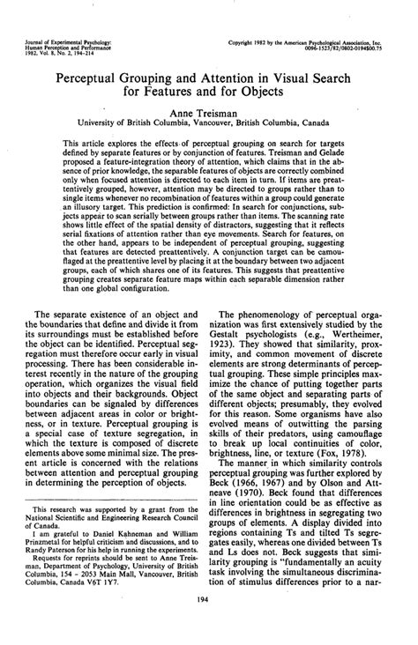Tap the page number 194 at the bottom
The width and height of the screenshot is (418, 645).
[209, 621]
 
